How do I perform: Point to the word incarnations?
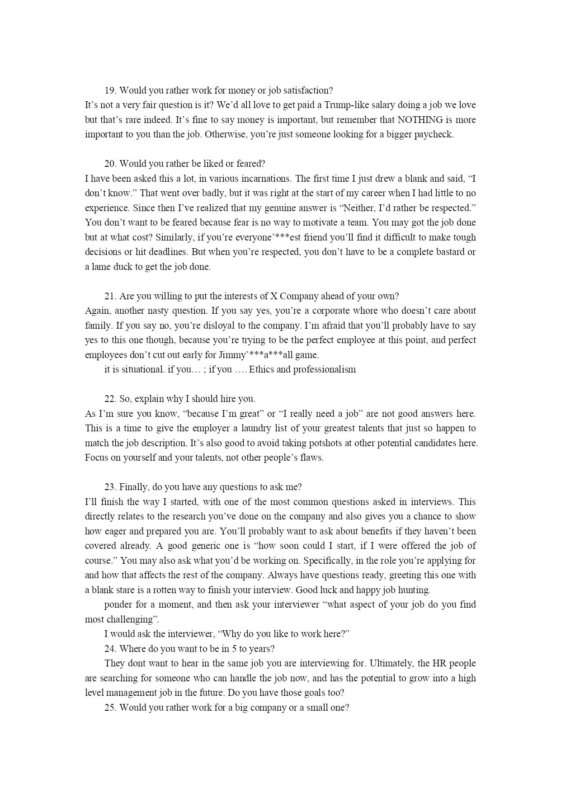tap(262, 179)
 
